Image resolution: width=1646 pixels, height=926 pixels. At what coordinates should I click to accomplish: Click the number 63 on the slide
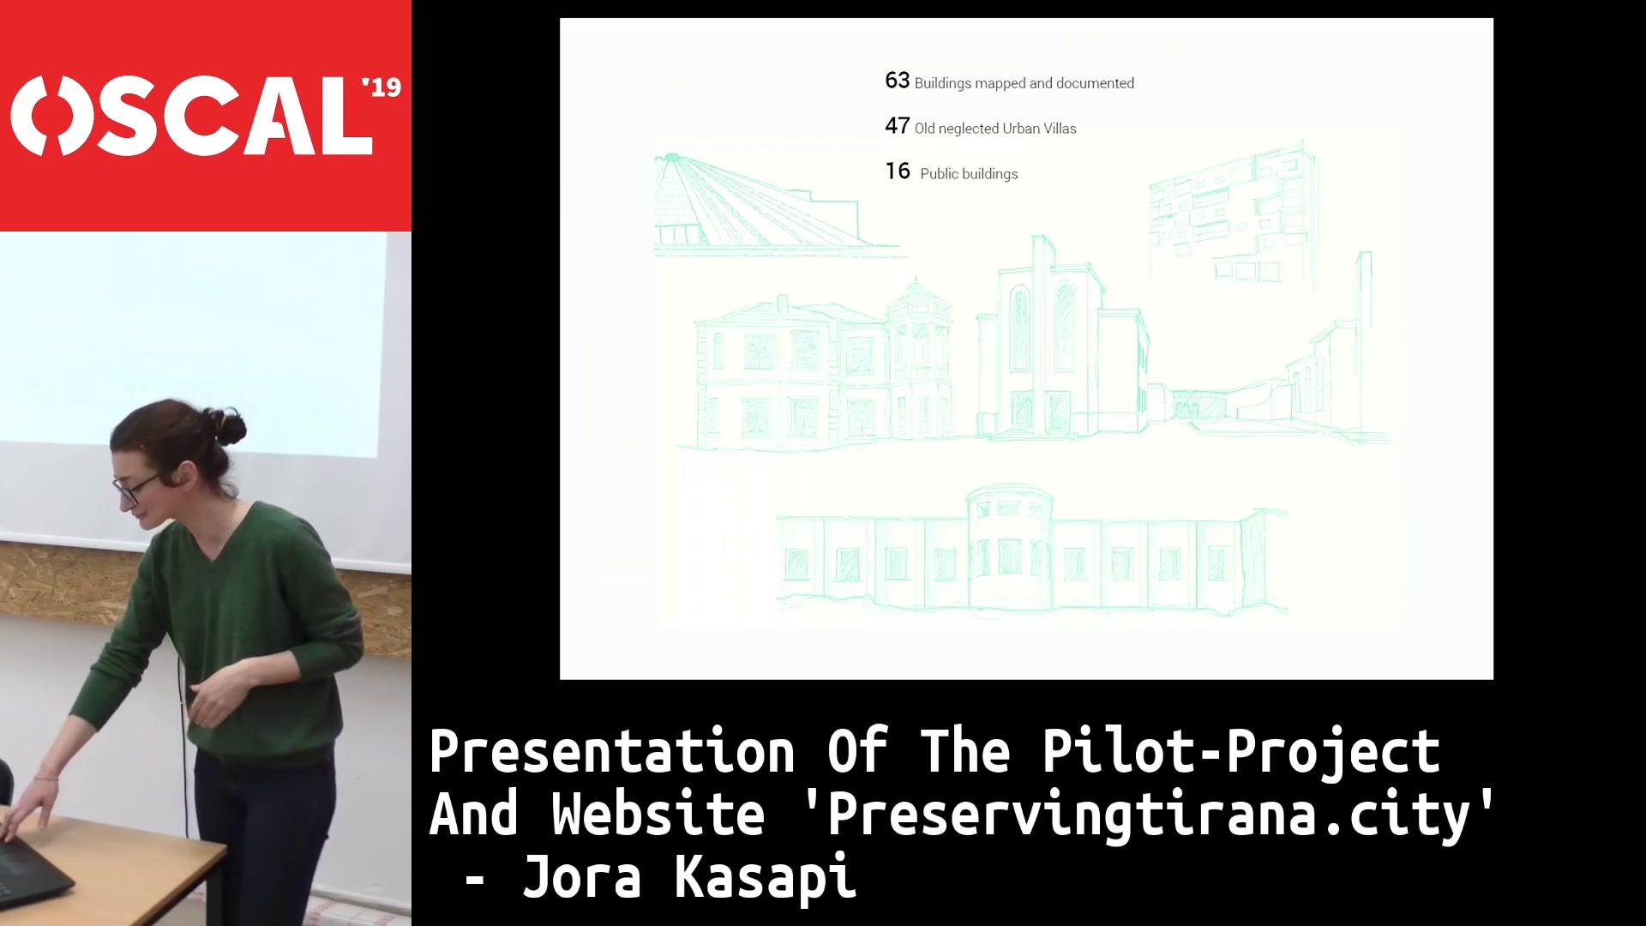coord(897,81)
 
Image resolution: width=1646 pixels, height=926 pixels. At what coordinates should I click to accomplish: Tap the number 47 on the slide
coord(897,126)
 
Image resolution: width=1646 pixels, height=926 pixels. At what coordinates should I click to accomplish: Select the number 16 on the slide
coord(898,171)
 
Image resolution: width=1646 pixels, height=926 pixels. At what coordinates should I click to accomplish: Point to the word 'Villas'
coord(1060,129)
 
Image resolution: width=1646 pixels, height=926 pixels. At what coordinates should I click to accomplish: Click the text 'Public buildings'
coord(969,174)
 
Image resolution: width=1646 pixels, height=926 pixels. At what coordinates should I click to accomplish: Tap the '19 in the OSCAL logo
coord(381,87)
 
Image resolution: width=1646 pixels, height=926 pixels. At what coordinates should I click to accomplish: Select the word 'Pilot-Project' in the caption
coord(1241,752)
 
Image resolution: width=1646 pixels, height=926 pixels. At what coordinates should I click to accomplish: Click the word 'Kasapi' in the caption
coord(766,877)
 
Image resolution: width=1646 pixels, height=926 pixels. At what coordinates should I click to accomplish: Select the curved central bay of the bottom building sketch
coord(1009,549)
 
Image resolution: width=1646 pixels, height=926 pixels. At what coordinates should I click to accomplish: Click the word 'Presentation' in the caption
coord(612,752)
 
